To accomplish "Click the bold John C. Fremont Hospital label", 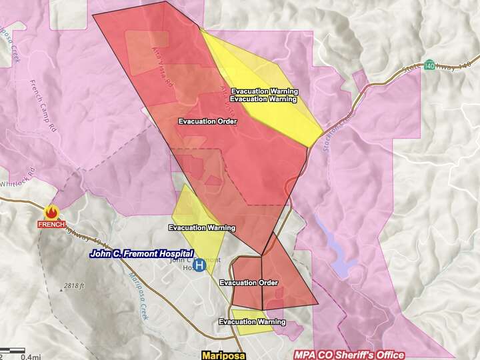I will (141, 254).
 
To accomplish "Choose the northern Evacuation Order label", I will (207, 121).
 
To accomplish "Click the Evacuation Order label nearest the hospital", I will (248, 283).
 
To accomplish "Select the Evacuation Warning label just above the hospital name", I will (202, 228).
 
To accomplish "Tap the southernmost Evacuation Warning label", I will (252, 322).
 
